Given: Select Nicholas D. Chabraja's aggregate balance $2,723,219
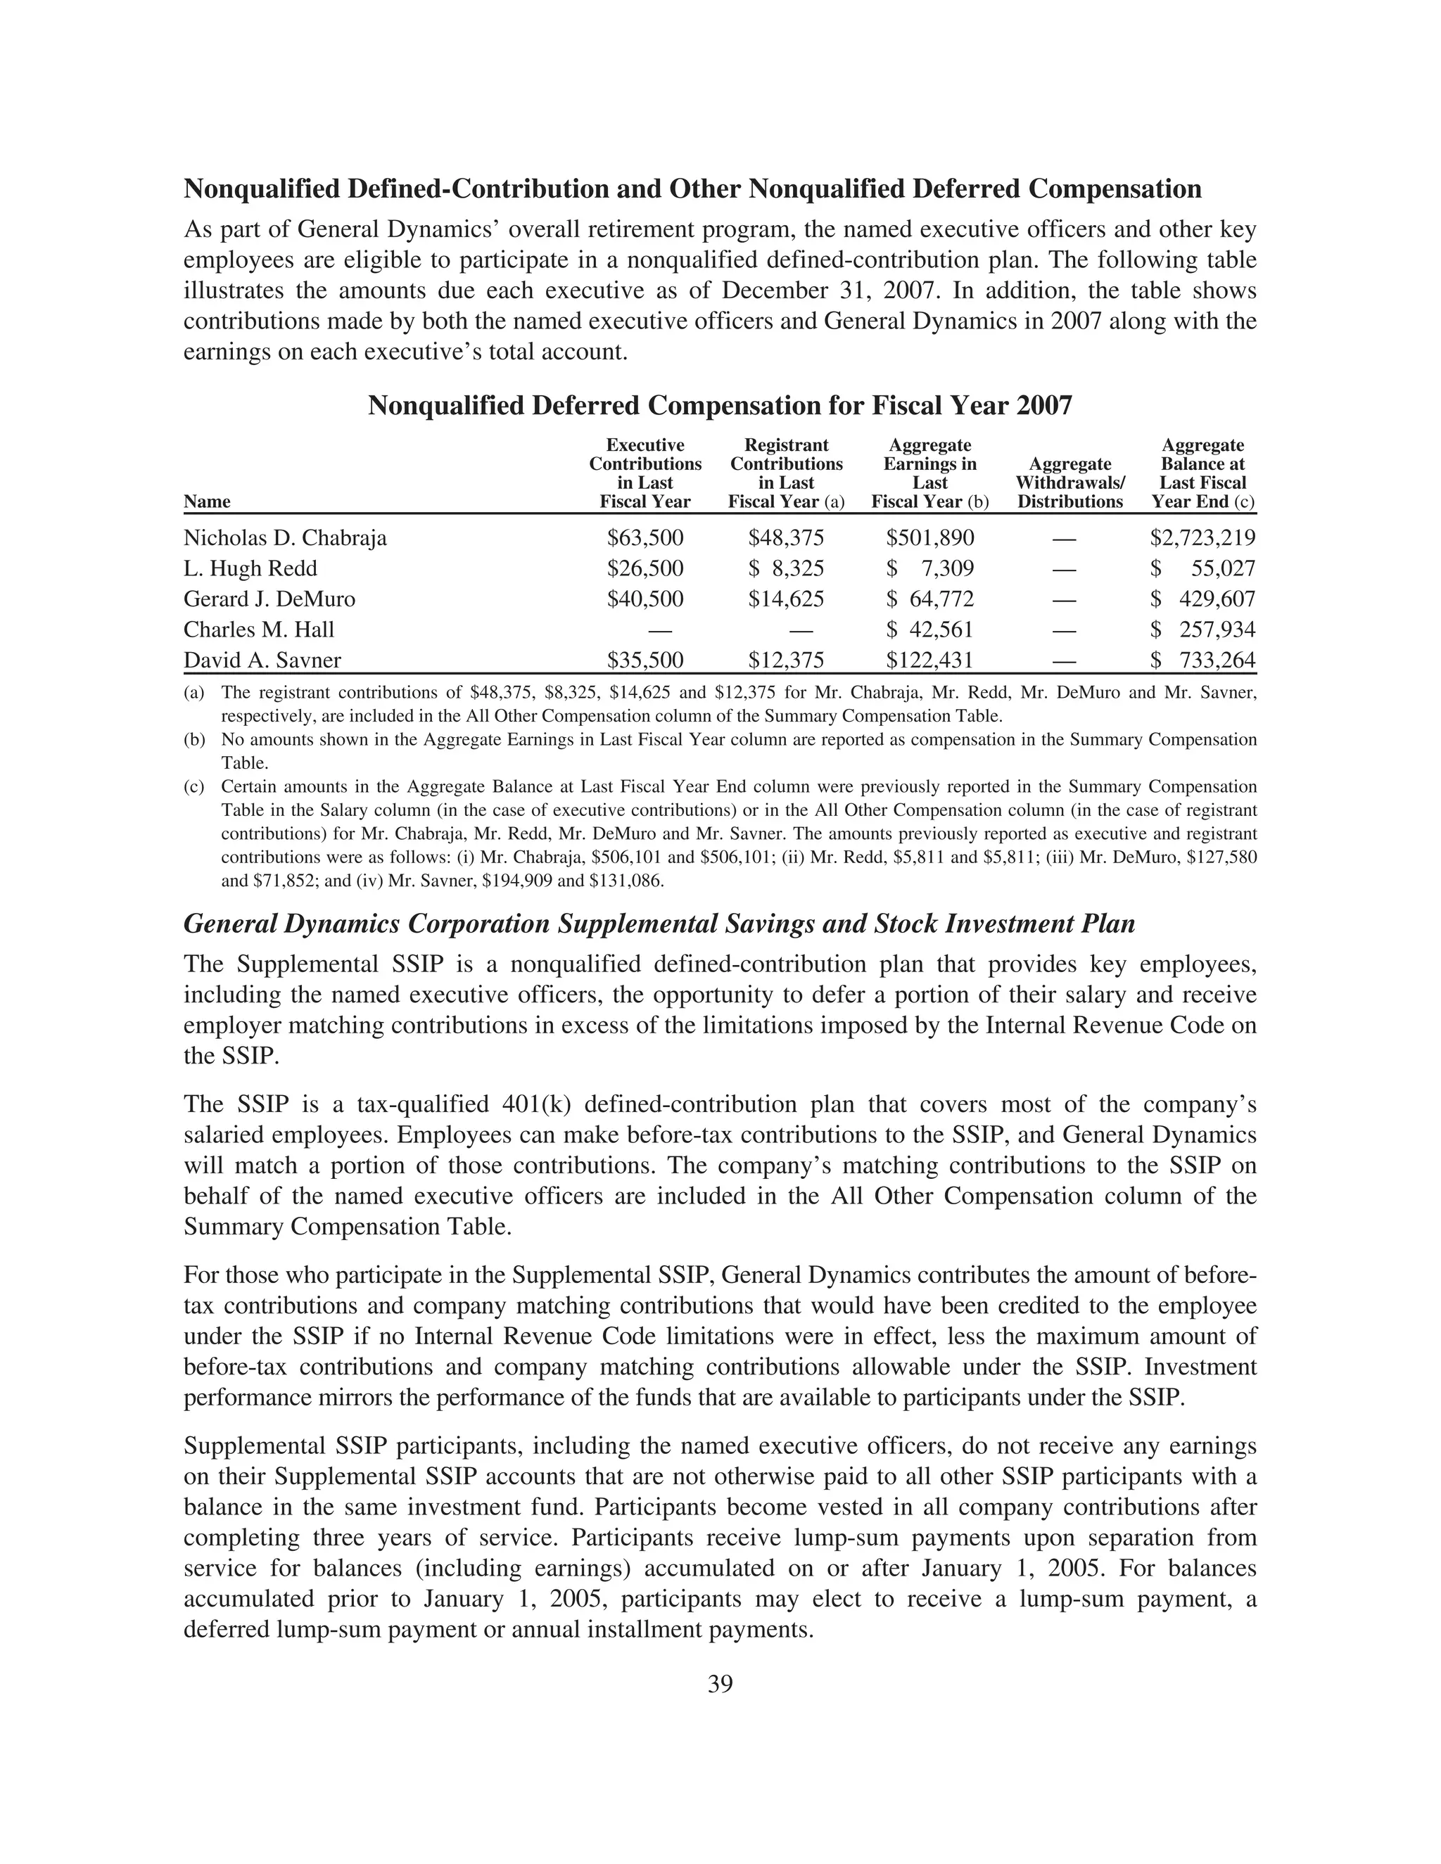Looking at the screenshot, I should point(1202,537).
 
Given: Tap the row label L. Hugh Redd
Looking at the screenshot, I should point(250,568).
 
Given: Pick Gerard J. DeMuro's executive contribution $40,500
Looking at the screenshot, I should point(645,599).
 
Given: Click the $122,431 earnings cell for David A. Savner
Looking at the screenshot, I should point(929,660).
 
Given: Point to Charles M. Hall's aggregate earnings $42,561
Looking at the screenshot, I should point(929,630).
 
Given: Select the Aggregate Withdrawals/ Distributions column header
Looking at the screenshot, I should point(1069,483).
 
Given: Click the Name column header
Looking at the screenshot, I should point(207,502).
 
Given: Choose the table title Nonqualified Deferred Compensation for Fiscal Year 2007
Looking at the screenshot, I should point(720,404).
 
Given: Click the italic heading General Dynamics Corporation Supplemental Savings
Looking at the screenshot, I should point(659,924).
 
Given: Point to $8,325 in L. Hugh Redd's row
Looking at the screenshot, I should point(786,568).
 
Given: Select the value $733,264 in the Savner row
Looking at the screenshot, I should point(1202,660).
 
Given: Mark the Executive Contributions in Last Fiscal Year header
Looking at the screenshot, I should point(645,473).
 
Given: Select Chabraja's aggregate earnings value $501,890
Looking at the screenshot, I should point(929,537).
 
